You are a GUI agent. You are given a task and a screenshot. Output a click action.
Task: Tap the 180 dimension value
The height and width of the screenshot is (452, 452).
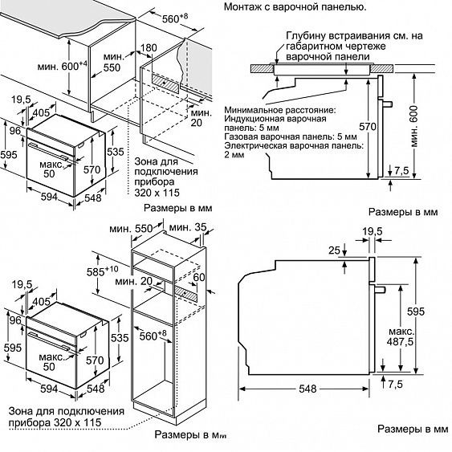coord(149,48)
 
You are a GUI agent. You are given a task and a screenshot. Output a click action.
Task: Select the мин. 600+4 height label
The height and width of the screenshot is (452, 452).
coord(63,66)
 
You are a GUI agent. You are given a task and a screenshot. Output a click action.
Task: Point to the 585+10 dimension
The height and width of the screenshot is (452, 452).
coord(103,271)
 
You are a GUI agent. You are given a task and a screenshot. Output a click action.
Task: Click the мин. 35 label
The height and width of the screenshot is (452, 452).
coord(188,227)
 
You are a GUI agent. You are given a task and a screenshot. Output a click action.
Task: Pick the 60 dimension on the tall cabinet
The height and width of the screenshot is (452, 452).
coord(199,277)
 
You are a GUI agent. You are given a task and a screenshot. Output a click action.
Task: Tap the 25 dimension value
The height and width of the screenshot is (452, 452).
coord(335,250)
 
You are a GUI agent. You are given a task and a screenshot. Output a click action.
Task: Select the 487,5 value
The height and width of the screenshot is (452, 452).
coord(400,342)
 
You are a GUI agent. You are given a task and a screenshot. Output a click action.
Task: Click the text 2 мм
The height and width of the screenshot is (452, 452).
coord(234,155)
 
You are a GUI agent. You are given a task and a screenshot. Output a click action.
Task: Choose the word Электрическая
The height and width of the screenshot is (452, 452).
coord(255,145)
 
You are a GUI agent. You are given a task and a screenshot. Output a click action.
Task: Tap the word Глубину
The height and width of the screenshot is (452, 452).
coord(306,36)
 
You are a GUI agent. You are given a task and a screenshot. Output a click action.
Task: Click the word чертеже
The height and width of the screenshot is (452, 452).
coord(364,46)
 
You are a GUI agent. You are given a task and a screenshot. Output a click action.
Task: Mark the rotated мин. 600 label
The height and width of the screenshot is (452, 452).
coord(414,126)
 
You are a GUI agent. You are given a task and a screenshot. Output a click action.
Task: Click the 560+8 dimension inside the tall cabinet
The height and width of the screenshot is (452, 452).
coord(153,336)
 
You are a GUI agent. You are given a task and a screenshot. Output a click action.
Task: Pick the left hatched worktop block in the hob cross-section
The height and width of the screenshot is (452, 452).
coord(262,68)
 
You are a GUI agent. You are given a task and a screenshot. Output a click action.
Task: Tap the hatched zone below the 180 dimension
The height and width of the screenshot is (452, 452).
coord(165,83)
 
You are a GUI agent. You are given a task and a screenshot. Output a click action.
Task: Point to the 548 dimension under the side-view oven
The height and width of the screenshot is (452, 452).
coord(307,389)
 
